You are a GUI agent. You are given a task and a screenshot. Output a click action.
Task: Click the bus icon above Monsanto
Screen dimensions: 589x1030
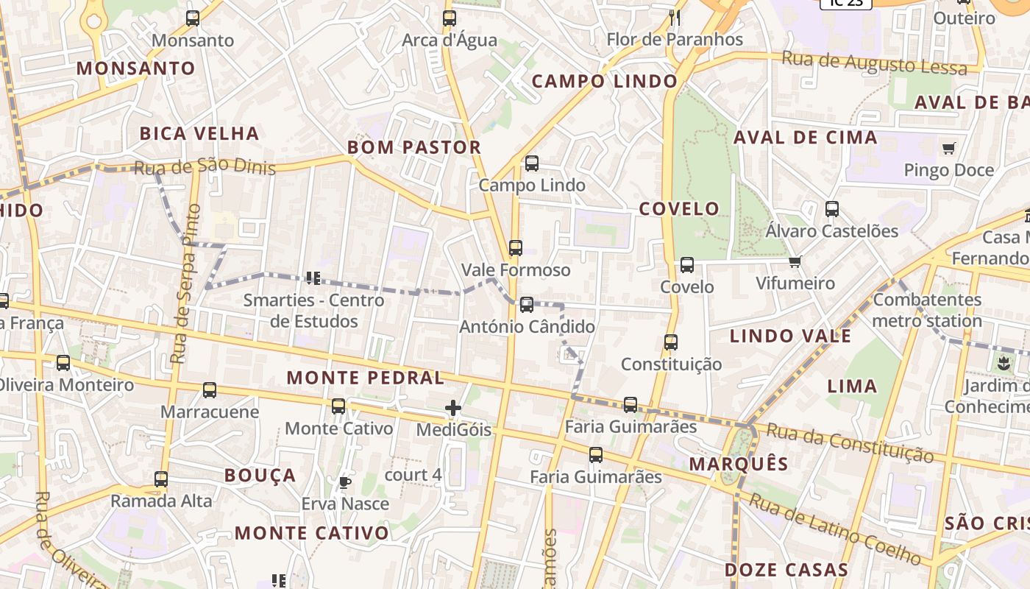click(x=193, y=18)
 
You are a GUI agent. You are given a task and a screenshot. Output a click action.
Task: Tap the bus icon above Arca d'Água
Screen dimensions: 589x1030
click(x=450, y=18)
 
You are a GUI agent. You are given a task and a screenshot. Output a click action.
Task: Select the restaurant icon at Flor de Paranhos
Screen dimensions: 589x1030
click(x=675, y=18)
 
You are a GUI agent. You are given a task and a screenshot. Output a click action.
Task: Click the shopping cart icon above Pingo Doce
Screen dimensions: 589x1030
click(x=949, y=149)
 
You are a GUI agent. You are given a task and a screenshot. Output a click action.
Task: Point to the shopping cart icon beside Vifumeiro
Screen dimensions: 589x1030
click(x=795, y=262)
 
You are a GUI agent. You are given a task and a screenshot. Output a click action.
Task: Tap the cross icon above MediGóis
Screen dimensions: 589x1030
click(x=453, y=408)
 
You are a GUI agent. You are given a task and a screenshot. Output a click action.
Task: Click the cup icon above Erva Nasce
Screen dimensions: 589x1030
click(x=344, y=483)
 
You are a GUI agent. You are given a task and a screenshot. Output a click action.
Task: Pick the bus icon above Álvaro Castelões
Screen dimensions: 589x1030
click(x=832, y=209)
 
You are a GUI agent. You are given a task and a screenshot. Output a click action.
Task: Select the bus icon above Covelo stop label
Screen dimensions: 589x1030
click(x=687, y=265)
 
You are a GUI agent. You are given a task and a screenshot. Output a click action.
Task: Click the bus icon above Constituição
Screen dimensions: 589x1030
click(x=671, y=342)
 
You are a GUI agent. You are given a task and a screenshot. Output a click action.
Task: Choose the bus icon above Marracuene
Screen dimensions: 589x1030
click(x=210, y=390)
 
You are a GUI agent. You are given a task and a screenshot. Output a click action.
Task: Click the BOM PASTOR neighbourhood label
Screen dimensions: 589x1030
click(x=414, y=147)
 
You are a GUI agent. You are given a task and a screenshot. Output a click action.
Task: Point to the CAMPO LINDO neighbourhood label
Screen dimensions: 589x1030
click(x=604, y=82)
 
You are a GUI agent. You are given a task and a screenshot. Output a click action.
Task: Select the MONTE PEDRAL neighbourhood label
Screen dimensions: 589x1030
click(x=366, y=378)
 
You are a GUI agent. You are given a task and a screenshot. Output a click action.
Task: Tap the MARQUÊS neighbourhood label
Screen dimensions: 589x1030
click(x=739, y=465)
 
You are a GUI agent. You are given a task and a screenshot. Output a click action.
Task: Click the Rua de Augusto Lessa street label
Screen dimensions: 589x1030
click(x=874, y=63)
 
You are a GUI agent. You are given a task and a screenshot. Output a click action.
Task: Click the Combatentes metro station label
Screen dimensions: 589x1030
click(x=927, y=310)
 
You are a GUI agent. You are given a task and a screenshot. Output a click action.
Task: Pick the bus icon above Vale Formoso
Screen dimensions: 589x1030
click(x=516, y=248)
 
